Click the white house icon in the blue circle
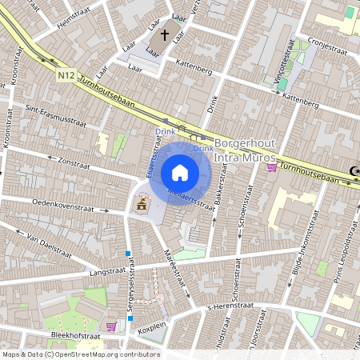pyautogui.click(x=180, y=173)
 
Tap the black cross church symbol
pyautogui.click(x=164, y=35)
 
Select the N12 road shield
pyautogui.click(x=67, y=76)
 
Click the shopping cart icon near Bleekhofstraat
pyautogui.click(x=110, y=326)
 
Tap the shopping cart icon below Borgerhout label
pyautogui.click(x=271, y=168)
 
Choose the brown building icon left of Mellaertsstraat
pyautogui.click(x=142, y=206)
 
